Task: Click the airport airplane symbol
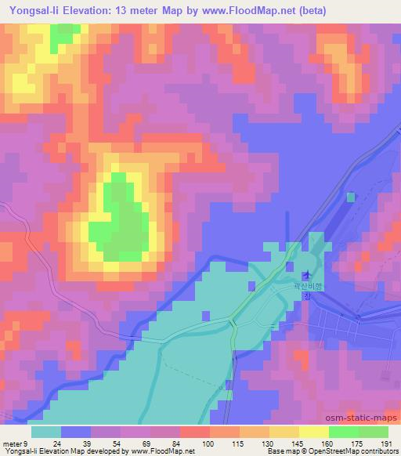[307, 275]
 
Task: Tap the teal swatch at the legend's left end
[45, 432]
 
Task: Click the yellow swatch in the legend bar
[313, 432]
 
